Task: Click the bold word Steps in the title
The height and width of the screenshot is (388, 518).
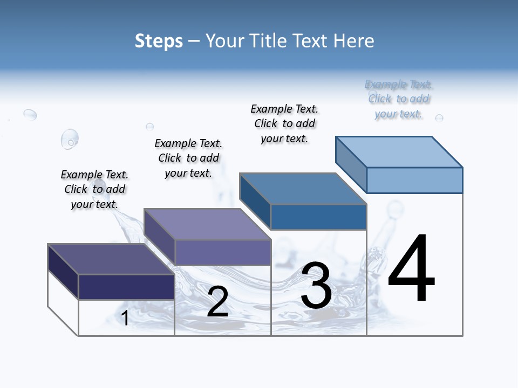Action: (159, 41)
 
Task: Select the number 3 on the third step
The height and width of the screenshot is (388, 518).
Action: (316, 286)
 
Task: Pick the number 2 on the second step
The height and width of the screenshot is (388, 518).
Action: (217, 302)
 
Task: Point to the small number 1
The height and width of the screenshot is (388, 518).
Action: (125, 318)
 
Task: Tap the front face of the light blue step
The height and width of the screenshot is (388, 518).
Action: (414, 180)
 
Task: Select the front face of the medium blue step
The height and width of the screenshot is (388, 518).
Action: (318, 217)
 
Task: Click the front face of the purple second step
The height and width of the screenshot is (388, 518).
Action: (223, 252)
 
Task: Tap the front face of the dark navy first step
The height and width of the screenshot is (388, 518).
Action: (126, 287)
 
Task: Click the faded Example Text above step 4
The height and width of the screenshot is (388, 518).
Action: (399, 99)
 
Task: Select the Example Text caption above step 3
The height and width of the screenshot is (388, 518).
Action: (284, 123)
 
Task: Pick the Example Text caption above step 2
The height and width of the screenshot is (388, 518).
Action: (188, 158)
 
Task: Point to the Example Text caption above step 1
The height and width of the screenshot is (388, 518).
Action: (94, 189)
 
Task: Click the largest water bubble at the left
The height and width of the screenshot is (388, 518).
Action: (70, 138)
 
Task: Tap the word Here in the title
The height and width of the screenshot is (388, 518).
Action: (355, 41)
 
